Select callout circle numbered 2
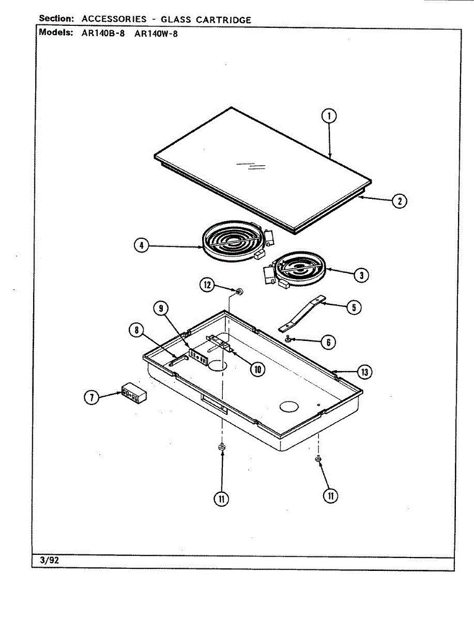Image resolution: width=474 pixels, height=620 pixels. (399, 201)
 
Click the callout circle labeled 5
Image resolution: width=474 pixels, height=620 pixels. (354, 307)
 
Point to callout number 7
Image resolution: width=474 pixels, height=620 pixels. (91, 397)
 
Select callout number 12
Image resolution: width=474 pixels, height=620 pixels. (207, 285)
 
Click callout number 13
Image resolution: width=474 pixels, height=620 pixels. (364, 371)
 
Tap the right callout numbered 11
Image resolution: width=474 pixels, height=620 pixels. (330, 495)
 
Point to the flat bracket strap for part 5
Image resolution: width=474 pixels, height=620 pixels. (301, 314)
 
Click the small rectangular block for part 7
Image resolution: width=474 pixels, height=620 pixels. (134, 393)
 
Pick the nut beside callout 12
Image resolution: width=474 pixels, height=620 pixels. (239, 292)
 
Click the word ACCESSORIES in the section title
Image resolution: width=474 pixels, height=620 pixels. (114, 20)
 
